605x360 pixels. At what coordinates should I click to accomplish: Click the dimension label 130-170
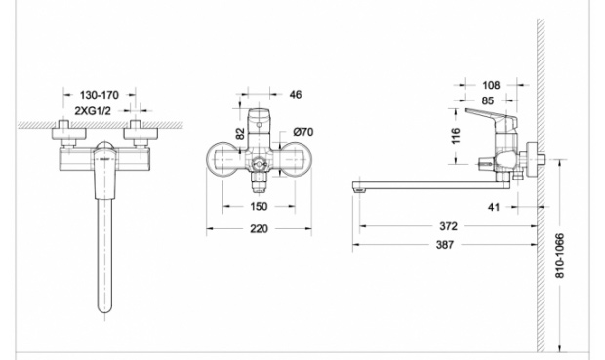tap(100, 95)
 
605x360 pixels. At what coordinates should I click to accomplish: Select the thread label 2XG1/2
tap(93, 111)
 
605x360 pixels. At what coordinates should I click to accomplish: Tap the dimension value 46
tap(295, 95)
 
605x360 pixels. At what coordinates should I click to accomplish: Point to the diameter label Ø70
tap(303, 132)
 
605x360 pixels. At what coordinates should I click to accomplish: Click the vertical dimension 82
tap(240, 134)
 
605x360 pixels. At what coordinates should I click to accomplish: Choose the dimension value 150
tap(259, 207)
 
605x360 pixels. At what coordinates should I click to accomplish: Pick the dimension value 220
tap(259, 229)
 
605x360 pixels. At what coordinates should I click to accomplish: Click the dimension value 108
tap(491, 85)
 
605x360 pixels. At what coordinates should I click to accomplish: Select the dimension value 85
tap(488, 100)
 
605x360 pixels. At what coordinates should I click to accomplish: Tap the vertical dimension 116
tap(456, 136)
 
